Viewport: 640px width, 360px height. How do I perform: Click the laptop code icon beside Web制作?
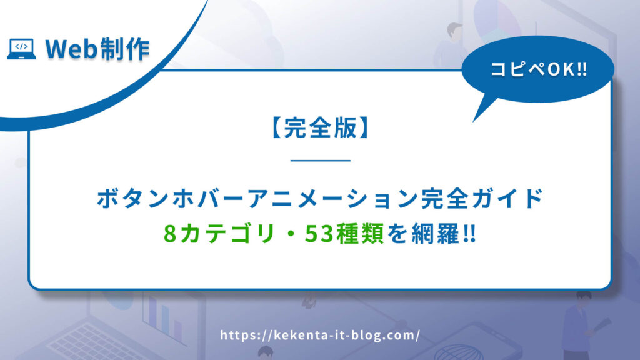coord(21,49)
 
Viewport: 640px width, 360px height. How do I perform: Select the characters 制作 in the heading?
coord(124,49)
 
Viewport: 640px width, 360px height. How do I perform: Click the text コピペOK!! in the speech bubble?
coord(538,69)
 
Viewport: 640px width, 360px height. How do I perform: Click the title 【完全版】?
coord(320,127)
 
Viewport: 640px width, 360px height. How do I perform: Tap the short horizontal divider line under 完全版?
coord(321,161)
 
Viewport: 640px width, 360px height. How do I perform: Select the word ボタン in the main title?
coord(132,198)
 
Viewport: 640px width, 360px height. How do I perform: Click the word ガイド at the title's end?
coord(506,198)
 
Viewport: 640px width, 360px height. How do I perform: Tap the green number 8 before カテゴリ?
coord(170,234)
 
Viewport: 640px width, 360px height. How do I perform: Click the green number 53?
coord(319,234)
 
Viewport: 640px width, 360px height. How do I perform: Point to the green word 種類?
coord(359,234)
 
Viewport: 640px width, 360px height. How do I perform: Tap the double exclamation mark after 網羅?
coord(470,234)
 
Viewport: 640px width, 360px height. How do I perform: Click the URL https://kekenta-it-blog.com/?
coord(320,336)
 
